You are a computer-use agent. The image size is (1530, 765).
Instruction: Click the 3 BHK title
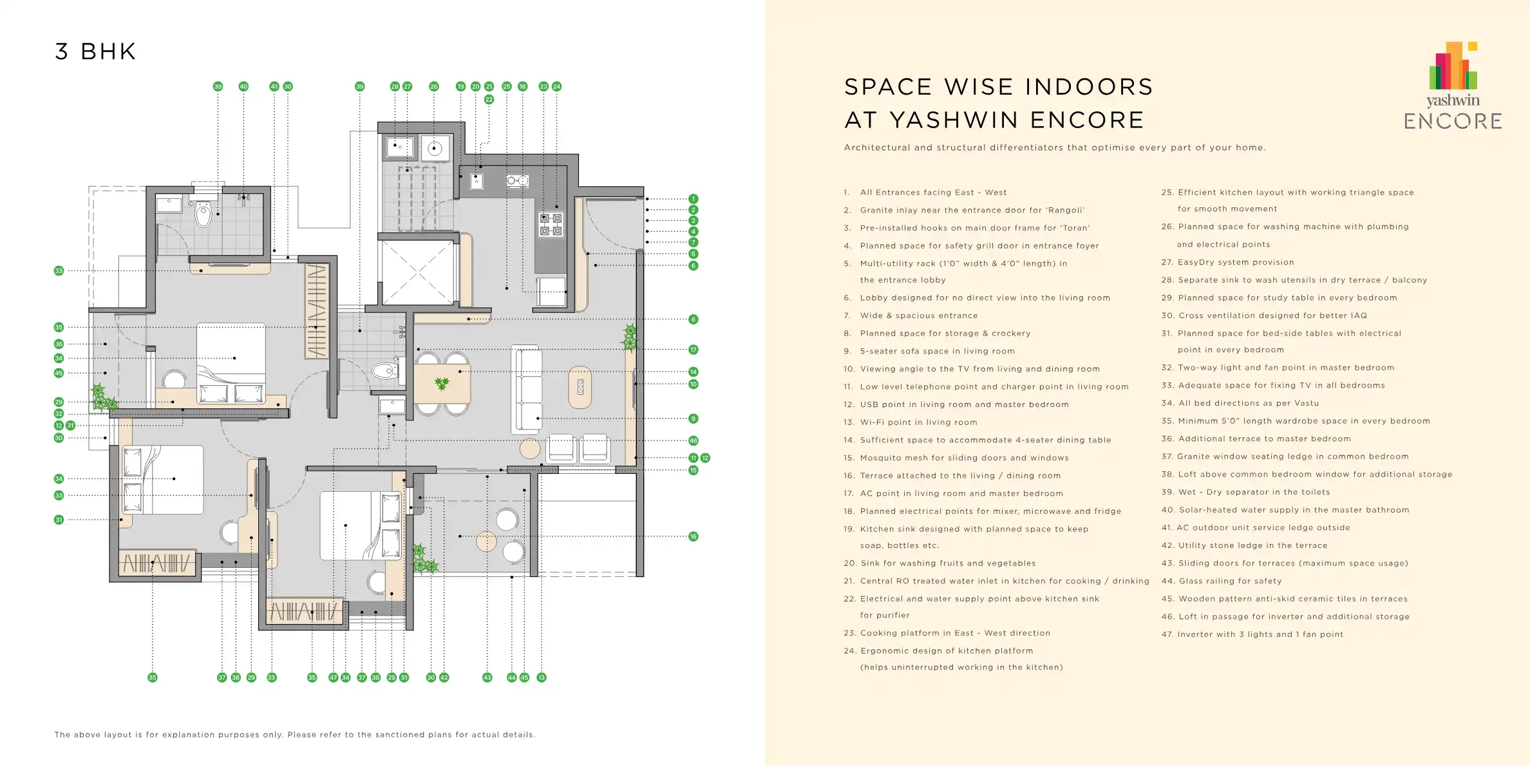(95, 52)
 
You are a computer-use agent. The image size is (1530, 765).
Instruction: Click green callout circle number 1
(694, 199)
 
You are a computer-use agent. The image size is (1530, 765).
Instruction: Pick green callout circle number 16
(694, 536)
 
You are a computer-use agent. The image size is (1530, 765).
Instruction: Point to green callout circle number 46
(694, 440)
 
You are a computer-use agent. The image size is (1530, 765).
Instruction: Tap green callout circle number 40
(243, 86)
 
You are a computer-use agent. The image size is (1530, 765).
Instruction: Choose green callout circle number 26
(434, 86)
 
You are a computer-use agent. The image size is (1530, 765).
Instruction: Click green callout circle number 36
(59, 344)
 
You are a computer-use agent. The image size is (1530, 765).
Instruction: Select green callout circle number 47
(334, 677)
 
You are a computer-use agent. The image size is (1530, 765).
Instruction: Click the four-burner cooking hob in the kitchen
(551, 224)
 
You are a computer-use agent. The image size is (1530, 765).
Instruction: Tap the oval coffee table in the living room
(580, 387)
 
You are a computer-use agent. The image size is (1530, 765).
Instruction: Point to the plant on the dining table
(442, 384)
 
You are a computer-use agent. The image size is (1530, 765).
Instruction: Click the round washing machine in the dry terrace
(435, 149)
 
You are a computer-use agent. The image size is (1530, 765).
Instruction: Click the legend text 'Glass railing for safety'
(1222, 581)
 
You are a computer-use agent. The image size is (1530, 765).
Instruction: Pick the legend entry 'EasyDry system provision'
(1228, 262)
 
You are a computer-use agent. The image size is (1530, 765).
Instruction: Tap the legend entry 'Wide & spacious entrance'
(911, 316)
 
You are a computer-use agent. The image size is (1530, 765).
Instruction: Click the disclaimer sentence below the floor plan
(295, 735)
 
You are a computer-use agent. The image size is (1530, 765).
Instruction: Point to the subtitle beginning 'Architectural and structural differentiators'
(1055, 147)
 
